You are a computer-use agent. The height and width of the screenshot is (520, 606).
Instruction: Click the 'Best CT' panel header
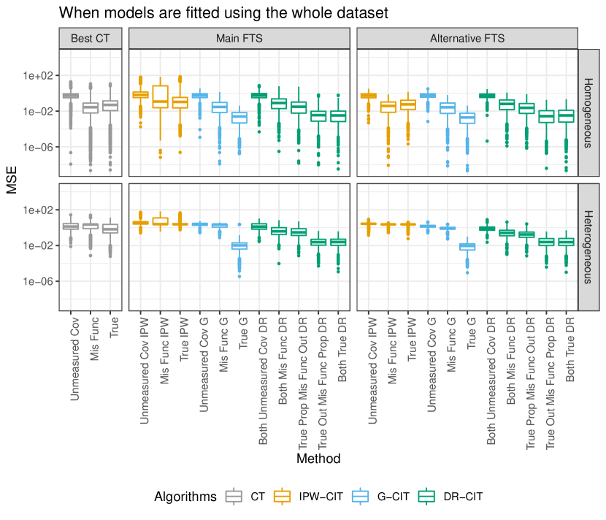tap(91, 38)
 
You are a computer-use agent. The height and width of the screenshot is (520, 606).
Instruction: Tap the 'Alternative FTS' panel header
tap(467, 38)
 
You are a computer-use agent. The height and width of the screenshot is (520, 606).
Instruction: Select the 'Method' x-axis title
tap(318, 459)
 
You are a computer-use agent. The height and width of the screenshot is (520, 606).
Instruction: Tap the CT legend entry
tap(247, 497)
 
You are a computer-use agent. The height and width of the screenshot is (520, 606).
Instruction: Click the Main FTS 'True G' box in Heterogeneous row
tap(239, 246)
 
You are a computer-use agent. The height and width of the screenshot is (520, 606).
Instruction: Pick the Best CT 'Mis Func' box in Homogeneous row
tap(91, 107)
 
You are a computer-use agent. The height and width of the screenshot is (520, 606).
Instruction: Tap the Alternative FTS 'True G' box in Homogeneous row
tap(467, 118)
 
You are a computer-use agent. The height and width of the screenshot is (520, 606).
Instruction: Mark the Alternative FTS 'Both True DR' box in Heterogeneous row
tap(567, 242)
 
